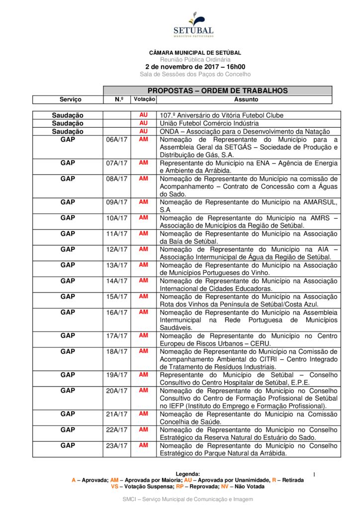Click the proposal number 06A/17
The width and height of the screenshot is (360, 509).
pyautogui.click(x=117, y=140)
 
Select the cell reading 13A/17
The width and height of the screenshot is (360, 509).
pyautogui.click(x=117, y=265)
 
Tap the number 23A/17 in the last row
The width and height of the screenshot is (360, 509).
pyautogui.click(x=117, y=446)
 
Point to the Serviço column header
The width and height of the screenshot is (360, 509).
pyautogui.click(x=70, y=100)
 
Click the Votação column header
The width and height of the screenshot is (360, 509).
pyautogui.click(x=144, y=99)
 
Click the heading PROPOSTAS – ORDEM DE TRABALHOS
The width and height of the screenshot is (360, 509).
pyautogui.click(x=217, y=91)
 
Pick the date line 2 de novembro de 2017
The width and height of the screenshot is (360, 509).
pyautogui.click(x=195, y=67)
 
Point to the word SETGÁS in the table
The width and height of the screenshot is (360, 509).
pyautogui.click(x=233, y=147)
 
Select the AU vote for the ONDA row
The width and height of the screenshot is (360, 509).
pyautogui.click(x=144, y=131)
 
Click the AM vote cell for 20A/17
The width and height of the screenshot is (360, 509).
pyautogui.click(x=144, y=391)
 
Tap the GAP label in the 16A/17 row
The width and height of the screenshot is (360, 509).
pyautogui.click(x=68, y=313)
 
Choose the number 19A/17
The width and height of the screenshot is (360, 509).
pyautogui.click(x=117, y=375)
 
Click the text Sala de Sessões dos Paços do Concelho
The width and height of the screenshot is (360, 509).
pyautogui.click(x=195, y=75)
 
